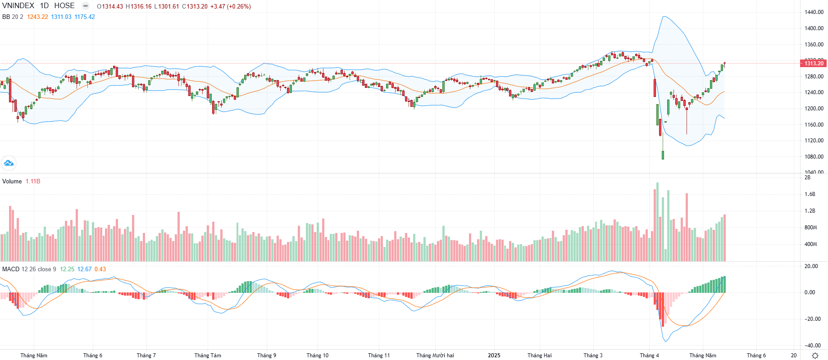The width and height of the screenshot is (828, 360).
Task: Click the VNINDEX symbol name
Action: click(18, 6)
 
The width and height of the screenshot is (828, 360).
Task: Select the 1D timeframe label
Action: click(44, 6)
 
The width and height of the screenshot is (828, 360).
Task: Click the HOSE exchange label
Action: click(64, 6)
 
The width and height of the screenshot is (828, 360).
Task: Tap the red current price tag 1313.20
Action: click(814, 64)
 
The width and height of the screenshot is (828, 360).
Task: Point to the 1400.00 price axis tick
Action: click(814, 28)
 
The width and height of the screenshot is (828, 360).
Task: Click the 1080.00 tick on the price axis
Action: click(814, 157)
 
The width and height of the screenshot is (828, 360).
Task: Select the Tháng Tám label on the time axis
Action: click(208, 355)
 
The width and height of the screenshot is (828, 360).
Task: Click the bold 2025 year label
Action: click(494, 355)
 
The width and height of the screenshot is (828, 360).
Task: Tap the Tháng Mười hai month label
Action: click(435, 355)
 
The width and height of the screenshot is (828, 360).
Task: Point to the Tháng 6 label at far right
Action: click(756, 355)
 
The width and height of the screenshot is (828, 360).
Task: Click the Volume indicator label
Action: click(12, 181)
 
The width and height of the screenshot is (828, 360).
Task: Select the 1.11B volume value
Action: click(33, 181)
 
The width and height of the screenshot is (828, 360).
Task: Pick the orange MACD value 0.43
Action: click(100, 269)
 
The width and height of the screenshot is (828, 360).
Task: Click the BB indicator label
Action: click(6, 17)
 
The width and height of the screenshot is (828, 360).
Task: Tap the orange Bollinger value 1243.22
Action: click(37, 17)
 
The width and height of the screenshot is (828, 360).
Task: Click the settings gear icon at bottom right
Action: click(815, 355)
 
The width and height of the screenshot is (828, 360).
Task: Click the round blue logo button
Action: click(9, 163)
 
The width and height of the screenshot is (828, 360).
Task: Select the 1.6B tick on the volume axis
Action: click(810, 194)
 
